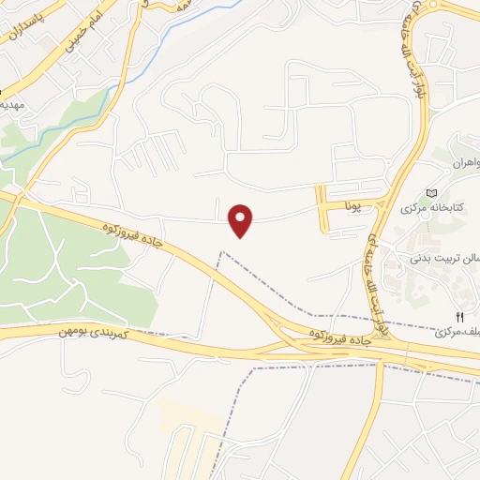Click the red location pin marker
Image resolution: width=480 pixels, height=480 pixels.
242,220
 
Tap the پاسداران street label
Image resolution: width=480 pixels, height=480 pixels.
29,25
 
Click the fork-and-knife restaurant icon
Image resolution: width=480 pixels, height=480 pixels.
458,317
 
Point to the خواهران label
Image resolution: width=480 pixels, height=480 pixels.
461,162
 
